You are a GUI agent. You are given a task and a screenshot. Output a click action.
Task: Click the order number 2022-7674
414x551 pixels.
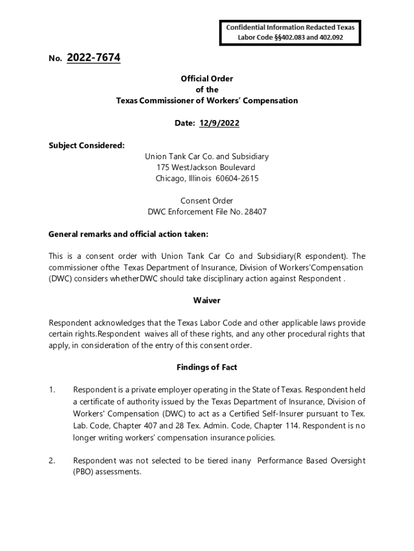[x=94, y=58]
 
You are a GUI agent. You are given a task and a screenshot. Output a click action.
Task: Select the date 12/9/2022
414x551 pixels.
[x=219, y=123]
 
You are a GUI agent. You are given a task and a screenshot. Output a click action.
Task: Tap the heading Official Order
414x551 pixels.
[x=207, y=79]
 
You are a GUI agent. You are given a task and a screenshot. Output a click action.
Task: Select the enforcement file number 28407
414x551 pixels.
[x=255, y=212]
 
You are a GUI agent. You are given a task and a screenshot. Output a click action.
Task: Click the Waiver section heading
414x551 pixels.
[x=207, y=300]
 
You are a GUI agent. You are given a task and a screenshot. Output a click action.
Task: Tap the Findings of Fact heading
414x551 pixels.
[x=207, y=368]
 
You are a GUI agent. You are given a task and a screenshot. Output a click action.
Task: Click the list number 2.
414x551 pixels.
[x=52, y=461]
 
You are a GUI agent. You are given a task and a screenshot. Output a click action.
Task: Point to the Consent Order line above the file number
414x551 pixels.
[x=207, y=201]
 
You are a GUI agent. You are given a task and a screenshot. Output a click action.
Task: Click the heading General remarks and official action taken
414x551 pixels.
[x=128, y=234]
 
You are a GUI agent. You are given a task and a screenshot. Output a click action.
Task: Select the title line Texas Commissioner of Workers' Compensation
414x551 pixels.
[x=207, y=101]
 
